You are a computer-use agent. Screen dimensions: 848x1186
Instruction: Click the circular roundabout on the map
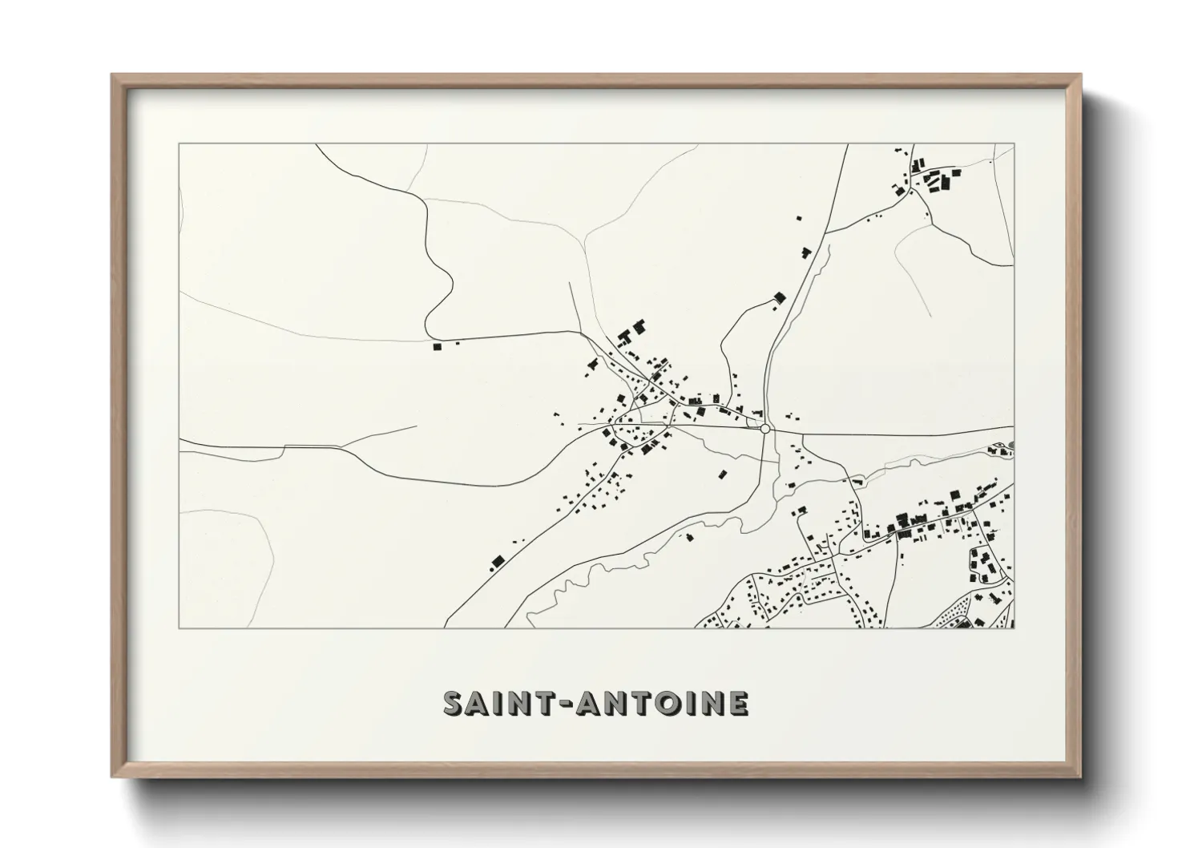tap(765, 430)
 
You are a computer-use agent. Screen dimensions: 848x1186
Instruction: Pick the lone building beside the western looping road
tap(437, 347)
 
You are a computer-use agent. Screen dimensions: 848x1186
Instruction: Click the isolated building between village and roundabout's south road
tap(722, 474)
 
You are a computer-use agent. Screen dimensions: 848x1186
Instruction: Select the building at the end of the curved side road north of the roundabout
tap(777, 298)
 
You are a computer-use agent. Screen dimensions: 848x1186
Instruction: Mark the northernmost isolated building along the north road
tap(798, 216)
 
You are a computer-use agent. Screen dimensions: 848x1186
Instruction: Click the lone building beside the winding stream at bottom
tap(688, 536)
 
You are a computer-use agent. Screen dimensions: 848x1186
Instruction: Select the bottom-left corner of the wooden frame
tap(113, 777)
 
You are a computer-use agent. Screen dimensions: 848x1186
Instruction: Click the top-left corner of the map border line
tap(179, 144)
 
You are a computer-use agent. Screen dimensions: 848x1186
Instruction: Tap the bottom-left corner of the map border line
tap(179, 628)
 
